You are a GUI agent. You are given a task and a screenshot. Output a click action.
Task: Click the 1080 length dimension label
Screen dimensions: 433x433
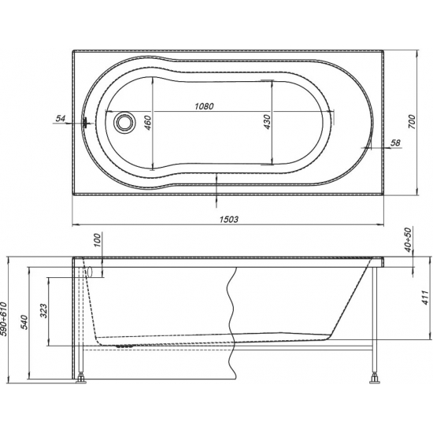[205, 106]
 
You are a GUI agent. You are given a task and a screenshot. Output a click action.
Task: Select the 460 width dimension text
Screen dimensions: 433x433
[148, 123]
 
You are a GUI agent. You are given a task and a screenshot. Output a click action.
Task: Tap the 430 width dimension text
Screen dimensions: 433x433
[267, 121]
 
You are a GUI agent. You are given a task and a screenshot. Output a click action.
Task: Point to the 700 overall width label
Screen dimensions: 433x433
[412, 121]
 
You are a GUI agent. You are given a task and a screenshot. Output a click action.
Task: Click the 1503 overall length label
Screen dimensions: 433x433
[229, 220]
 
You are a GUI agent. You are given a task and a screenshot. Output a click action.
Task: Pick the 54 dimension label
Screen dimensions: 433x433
[60, 118]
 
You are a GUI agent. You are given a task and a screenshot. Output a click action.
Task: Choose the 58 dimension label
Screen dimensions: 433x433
[396, 142]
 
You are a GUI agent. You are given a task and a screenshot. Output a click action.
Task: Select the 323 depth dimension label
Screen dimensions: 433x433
[43, 311]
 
